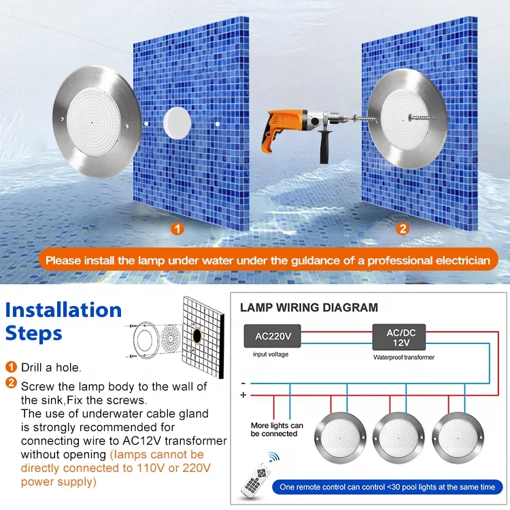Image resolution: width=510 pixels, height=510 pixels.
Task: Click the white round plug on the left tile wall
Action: (177, 123)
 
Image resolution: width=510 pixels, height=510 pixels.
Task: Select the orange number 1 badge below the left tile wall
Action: (177, 228)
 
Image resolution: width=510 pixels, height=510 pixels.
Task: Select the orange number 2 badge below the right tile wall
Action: (403, 228)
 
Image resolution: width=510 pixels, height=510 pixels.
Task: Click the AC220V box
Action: (273, 336)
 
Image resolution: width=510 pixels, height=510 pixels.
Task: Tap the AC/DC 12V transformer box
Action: (399, 337)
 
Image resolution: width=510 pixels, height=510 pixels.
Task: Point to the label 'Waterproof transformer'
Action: (404, 357)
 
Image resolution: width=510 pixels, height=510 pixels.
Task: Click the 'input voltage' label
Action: (271, 354)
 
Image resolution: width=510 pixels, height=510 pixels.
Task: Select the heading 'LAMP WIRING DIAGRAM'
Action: (309, 307)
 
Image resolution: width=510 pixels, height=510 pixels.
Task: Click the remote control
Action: (255, 481)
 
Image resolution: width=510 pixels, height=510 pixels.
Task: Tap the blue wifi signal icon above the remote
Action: (274, 457)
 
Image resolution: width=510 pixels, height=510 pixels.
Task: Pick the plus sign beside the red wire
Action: (243, 395)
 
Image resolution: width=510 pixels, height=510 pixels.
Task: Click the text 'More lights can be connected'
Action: (277, 429)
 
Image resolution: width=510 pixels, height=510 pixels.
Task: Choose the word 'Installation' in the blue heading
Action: (63, 309)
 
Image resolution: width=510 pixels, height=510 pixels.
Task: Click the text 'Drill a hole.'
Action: (51, 367)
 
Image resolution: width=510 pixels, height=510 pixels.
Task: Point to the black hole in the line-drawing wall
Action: (197, 336)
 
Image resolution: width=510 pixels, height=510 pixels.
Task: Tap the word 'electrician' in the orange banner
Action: (463, 260)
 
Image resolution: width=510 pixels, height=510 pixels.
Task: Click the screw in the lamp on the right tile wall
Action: (421, 118)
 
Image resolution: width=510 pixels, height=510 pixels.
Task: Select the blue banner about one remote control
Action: (388, 487)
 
